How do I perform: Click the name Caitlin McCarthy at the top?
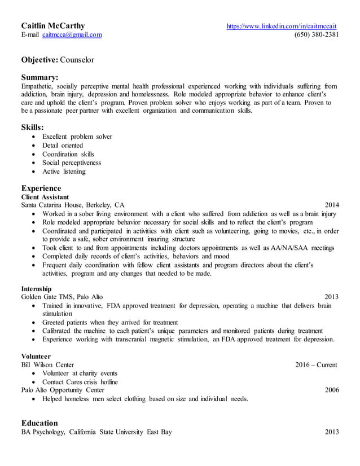(53, 25)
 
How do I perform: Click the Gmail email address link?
(72, 35)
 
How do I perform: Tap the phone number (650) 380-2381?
(317, 35)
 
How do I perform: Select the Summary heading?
(39, 77)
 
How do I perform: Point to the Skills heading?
(32, 128)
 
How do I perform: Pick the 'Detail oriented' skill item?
(63, 146)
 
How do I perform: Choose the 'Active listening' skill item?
(64, 172)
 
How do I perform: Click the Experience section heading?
(41, 188)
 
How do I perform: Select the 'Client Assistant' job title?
(45, 197)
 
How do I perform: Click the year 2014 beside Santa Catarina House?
(332, 205)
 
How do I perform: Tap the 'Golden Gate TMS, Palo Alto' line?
(62, 297)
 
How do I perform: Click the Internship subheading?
(36, 288)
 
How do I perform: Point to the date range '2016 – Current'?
(316, 364)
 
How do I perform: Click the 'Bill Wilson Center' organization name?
(47, 364)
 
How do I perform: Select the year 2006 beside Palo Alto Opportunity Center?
(332, 390)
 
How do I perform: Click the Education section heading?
(39, 423)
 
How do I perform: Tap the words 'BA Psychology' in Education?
(41, 432)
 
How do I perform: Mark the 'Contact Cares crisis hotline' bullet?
(80, 382)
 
